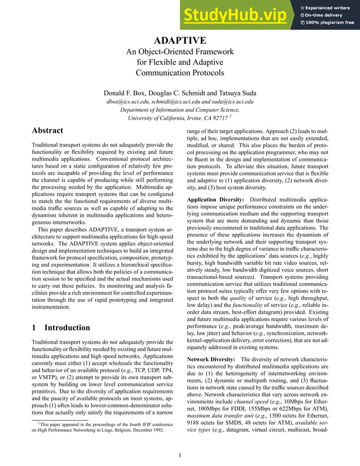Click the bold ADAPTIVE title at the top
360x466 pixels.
point(180,41)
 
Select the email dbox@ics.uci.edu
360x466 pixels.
point(129,102)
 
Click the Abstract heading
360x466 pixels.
point(47,130)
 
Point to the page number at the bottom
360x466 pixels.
point(179,455)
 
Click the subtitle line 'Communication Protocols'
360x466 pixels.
point(180,72)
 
